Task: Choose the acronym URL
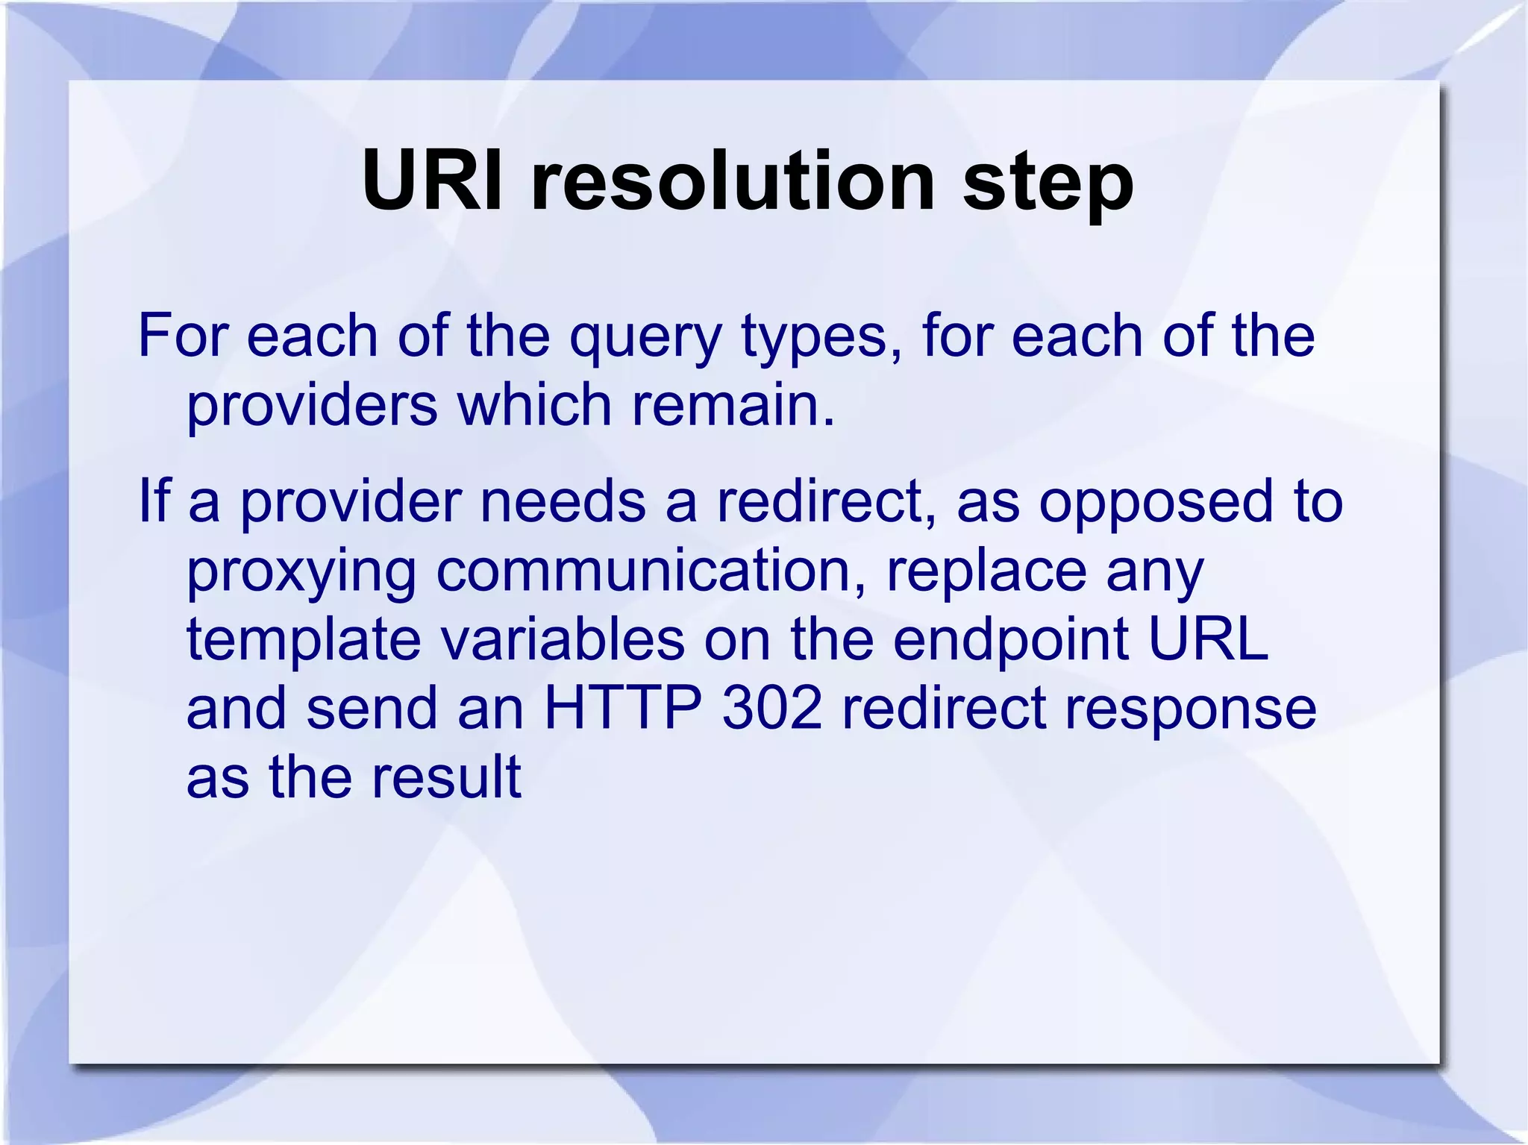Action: pos(1208,639)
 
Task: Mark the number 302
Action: pos(772,708)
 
